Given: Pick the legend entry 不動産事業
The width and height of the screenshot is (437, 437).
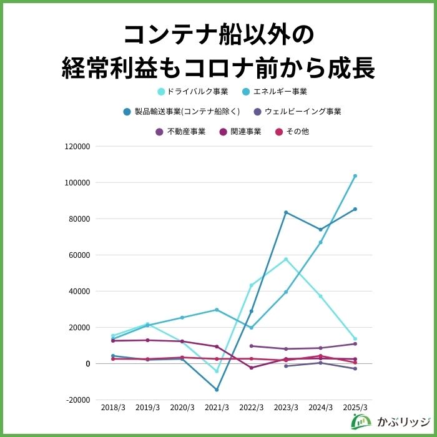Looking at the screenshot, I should (180, 132).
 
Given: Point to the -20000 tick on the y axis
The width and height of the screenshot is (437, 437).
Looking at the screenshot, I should (79, 400).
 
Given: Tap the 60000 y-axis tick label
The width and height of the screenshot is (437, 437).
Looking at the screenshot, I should (80, 255).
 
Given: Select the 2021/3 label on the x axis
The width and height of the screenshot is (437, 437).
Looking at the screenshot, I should (217, 407).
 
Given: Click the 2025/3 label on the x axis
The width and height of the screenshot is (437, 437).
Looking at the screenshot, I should (355, 407).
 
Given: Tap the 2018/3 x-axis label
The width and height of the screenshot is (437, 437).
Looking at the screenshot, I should (113, 407).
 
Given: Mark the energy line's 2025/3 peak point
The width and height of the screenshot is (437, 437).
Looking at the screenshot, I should (355, 176).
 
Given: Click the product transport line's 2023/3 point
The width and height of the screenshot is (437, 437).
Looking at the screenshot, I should (286, 212).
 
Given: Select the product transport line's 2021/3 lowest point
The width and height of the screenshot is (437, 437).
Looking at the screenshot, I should (217, 390).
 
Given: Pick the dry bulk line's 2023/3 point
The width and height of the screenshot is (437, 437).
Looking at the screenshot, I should (286, 259).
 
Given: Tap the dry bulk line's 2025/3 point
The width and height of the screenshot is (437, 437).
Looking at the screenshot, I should (355, 339).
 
